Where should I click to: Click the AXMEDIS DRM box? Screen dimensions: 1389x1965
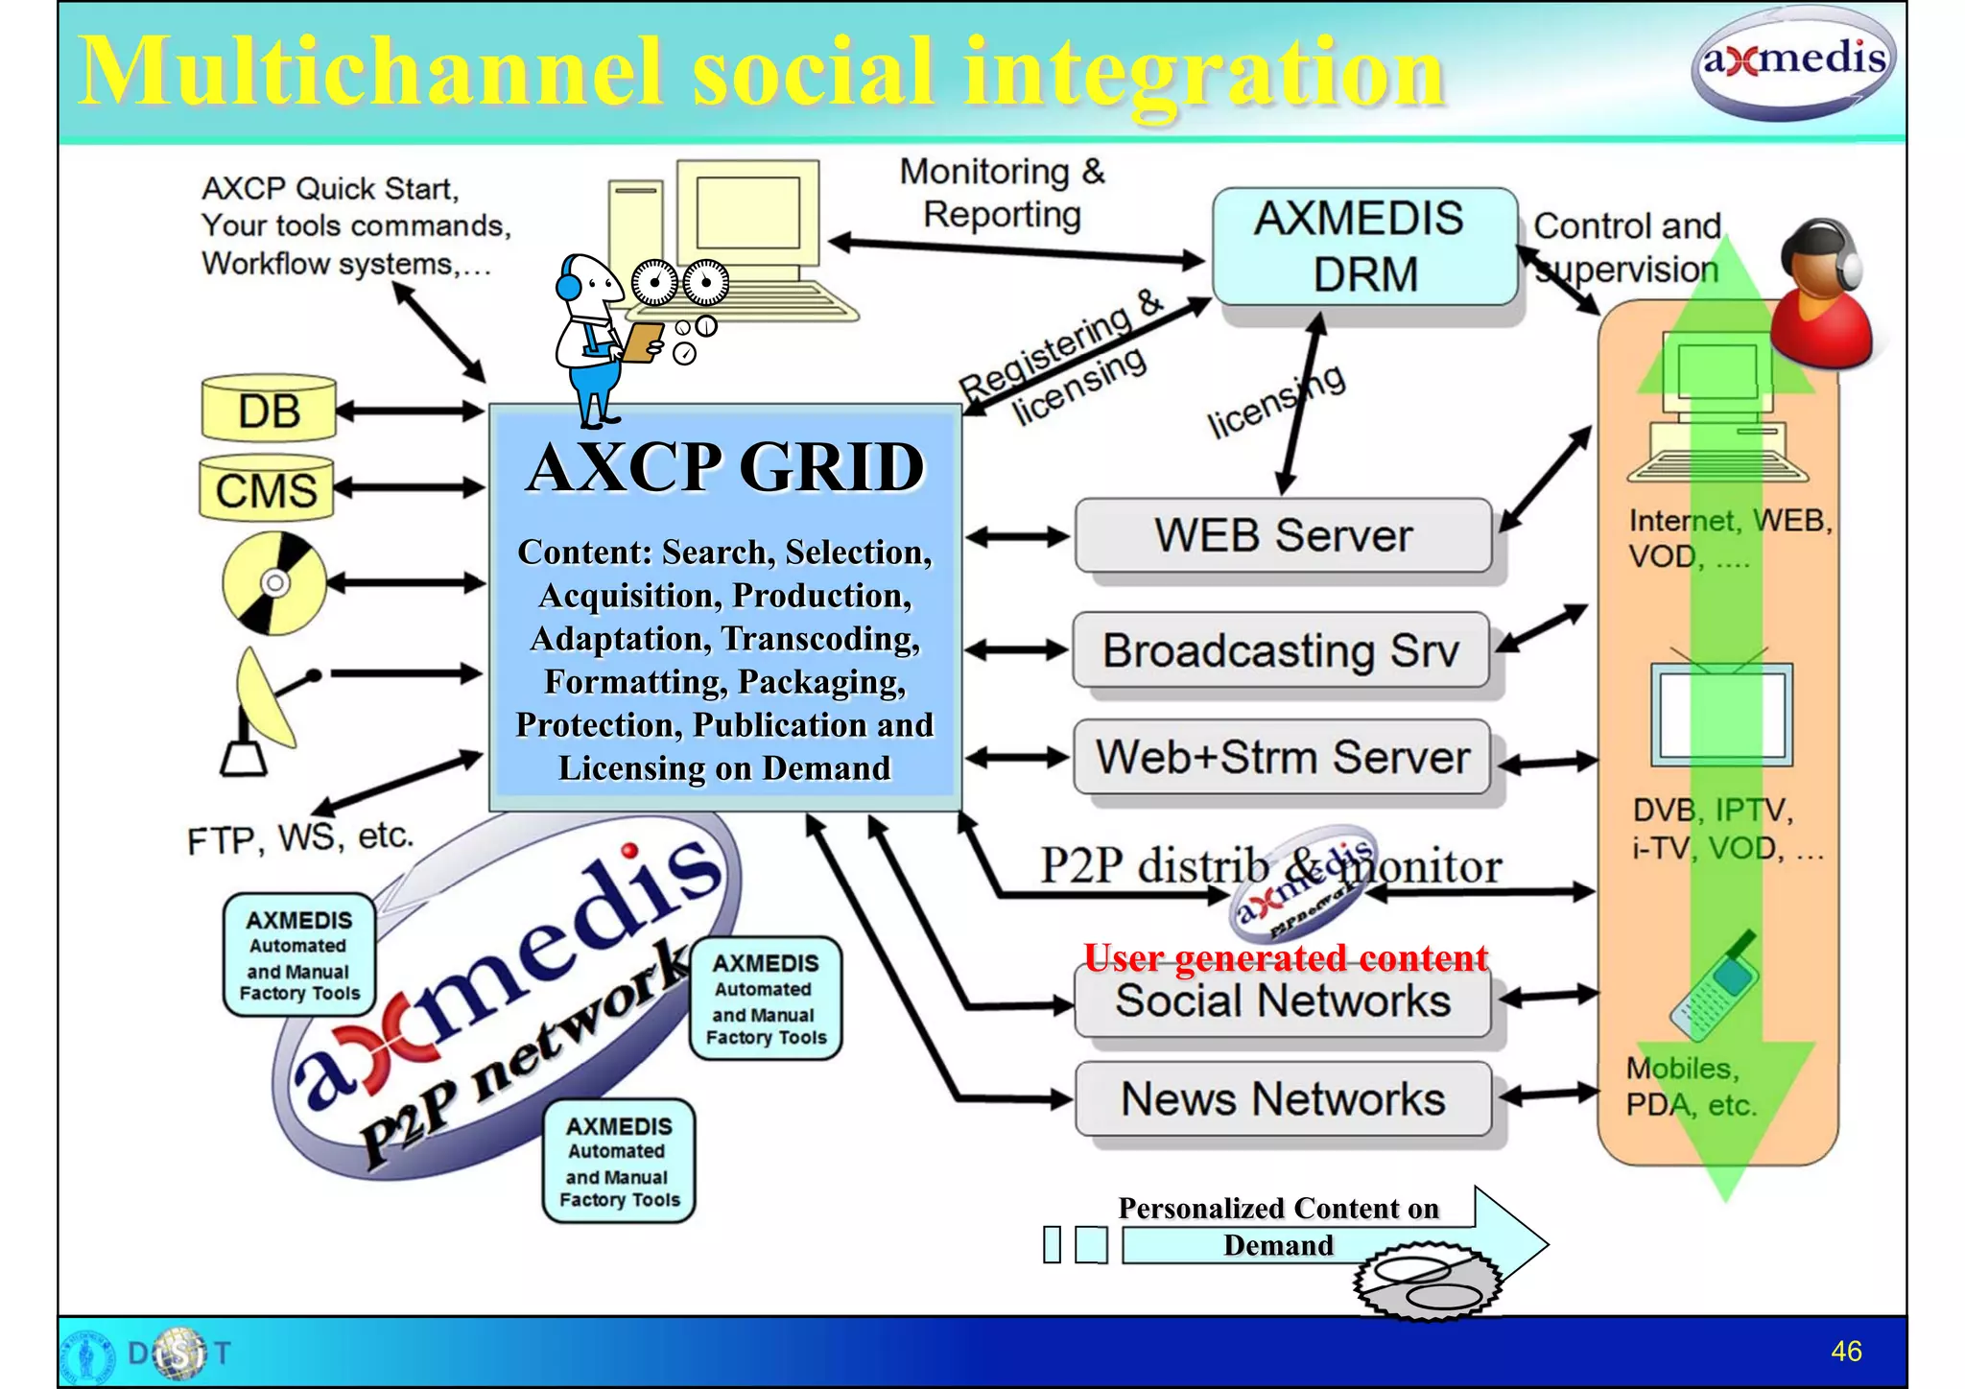coord(1363,247)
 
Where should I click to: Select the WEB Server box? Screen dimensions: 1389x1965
coord(1283,535)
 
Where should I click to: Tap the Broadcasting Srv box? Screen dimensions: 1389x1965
coord(1280,650)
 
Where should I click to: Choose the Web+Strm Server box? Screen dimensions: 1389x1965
coord(1282,757)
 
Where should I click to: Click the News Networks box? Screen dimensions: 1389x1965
coord(1283,1098)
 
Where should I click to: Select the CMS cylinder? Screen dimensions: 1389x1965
coord(266,489)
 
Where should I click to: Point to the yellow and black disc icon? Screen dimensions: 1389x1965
coord(274,583)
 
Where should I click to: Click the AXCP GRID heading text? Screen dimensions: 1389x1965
coord(725,467)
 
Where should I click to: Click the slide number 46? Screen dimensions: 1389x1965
coord(1846,1351)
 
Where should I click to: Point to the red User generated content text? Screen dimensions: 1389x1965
coord(1285,957)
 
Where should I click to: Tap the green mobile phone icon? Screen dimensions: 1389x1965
coord(1714,988)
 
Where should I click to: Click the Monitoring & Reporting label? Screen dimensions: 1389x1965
coord(1002,193)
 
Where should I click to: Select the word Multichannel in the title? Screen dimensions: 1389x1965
coord(369,72)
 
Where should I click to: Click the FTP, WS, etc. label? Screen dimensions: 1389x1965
coord(300,838)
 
